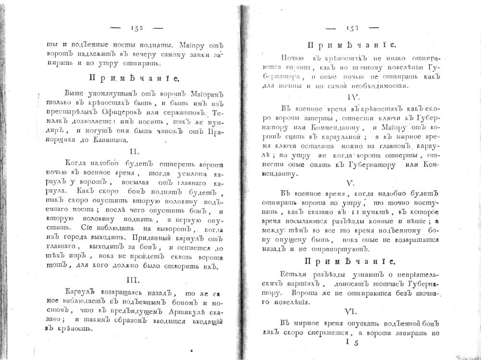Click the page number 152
coord(137,28)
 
